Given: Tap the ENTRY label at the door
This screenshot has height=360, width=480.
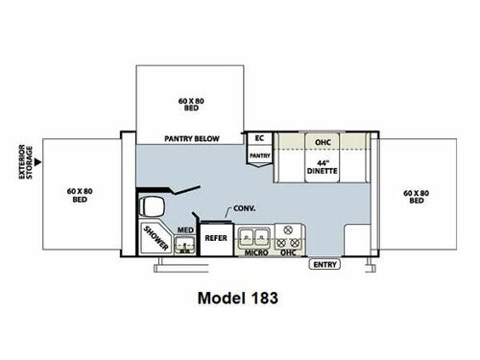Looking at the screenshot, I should (324, 264).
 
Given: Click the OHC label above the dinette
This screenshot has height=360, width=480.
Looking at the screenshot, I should (324, 141).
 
